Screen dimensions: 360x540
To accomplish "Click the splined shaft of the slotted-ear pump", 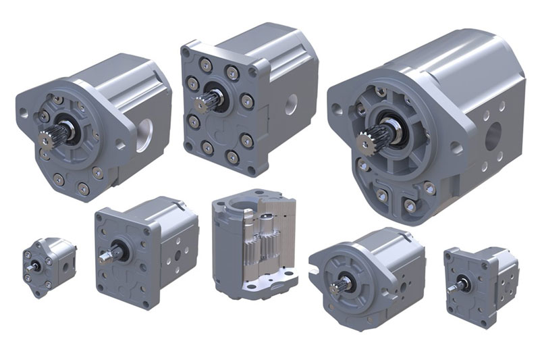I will point(335,287).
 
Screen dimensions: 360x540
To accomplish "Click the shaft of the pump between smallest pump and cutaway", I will point(107,256).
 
